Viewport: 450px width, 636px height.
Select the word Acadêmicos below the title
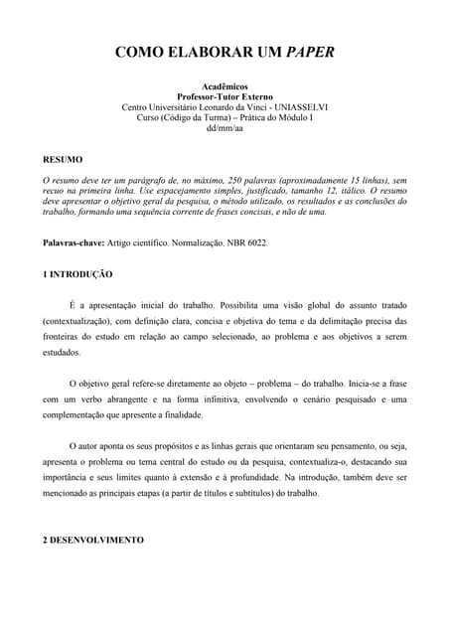(225, 86)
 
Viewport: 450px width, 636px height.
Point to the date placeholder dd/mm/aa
(225, 128)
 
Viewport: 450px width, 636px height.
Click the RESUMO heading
(63, 159)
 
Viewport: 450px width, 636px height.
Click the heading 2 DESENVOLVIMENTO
(93, 540)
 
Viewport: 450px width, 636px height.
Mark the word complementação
(83, 414)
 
